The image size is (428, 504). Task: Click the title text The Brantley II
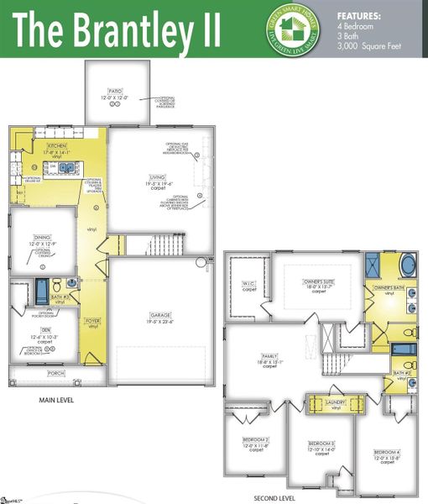[x=117, y=29]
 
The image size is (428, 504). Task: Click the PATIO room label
[x=114, y=89]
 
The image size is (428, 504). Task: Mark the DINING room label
[x=41, y=237]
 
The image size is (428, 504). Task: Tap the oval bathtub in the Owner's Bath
[x=407, y=268]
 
